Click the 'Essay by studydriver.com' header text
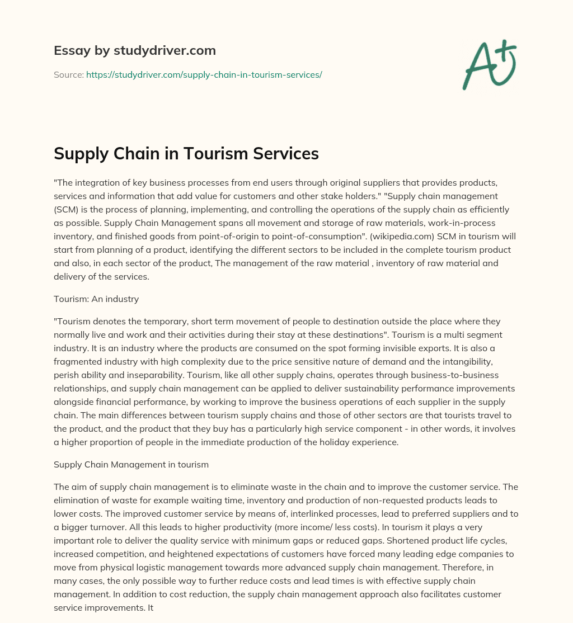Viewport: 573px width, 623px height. point(134,51)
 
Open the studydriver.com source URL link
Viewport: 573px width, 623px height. point(204,74)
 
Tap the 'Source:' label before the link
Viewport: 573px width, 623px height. point(68,74)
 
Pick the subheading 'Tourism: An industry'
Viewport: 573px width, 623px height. point(96,299)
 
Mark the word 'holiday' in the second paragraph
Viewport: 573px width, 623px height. point(325,442)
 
